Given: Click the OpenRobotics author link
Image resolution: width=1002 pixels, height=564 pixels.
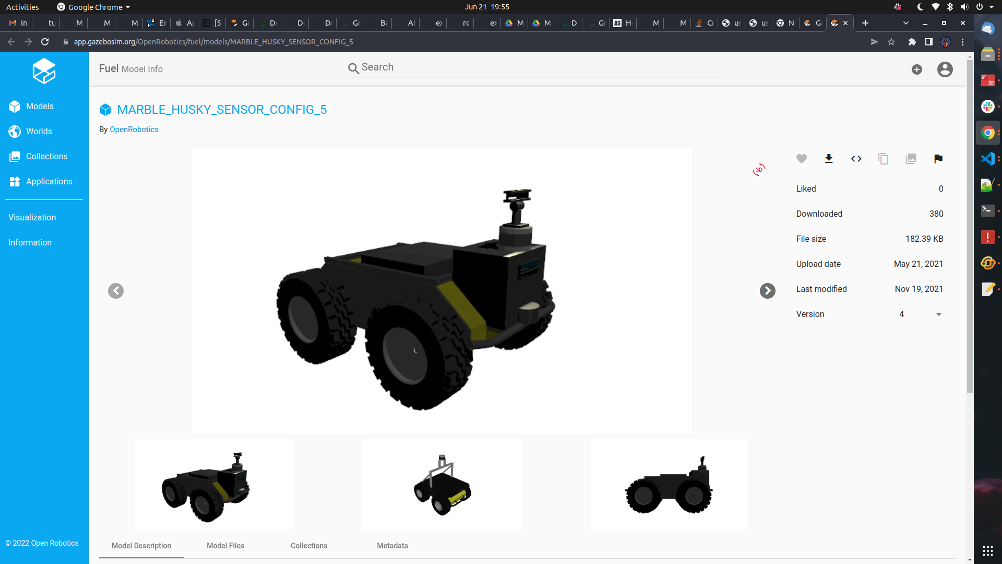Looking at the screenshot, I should click(x=134, y=130).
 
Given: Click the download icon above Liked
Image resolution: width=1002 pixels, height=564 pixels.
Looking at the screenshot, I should click(x=829, y=159).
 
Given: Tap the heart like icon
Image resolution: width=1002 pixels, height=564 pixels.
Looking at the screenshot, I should click(x=802, y=159).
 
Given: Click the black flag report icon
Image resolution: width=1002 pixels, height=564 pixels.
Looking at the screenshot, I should click(x=938, y=159).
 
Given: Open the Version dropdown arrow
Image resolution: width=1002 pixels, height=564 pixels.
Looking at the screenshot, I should click(x=938, y=314).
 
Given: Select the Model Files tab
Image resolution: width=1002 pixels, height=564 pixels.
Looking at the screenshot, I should click(x=225, y=546).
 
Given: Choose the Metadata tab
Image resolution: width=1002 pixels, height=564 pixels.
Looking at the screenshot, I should click(x=392, y=546).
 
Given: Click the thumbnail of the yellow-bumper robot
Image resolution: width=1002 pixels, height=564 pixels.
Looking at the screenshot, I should click(x=442, y=484).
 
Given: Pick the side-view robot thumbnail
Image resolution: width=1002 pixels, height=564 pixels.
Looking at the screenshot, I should click(x=669, y=484).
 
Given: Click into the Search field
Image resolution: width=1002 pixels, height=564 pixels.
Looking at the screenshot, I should click(x=538, y=67).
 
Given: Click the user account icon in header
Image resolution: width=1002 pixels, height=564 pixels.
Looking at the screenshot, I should click(x=945, y=69).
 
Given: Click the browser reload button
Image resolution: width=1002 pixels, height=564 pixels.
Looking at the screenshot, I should click(x=45, y=42).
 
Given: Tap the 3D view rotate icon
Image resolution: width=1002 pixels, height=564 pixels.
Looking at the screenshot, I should click(x=759, y=170).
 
